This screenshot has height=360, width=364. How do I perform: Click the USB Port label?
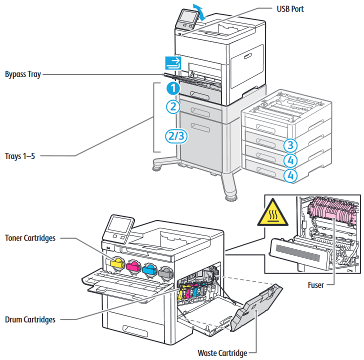tap(290, 9)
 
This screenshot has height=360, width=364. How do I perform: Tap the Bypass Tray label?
tap(23, 74)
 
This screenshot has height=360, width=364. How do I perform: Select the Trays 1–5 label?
tap(20, 156)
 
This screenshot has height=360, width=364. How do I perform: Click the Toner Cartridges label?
tap(30, 238)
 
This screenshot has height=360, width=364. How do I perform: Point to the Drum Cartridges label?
tap(30, 319)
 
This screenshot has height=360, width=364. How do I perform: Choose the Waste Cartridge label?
tap(222, 353)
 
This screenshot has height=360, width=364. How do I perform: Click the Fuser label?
tap(315, 285)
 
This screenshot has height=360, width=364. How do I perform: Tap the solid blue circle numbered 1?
tap(173, 88)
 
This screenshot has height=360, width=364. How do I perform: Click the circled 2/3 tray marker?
tap(176, 136)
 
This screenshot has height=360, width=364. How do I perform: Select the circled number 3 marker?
tap(290, 145)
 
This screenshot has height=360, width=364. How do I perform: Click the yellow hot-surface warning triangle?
tap(273, 212)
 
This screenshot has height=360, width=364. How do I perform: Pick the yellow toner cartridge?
tap(117, 263)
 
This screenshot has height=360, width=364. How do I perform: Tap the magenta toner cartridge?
tap(133, 266)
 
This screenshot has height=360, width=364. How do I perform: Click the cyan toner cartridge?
tap(149, 269)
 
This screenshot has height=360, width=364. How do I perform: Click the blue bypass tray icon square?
tap(173, 63)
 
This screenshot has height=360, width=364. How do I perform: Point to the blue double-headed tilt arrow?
tap(199, 12)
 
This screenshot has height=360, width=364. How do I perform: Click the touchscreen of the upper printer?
tap(188, 17)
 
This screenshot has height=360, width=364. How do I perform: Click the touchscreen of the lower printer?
tap(120, 224)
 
